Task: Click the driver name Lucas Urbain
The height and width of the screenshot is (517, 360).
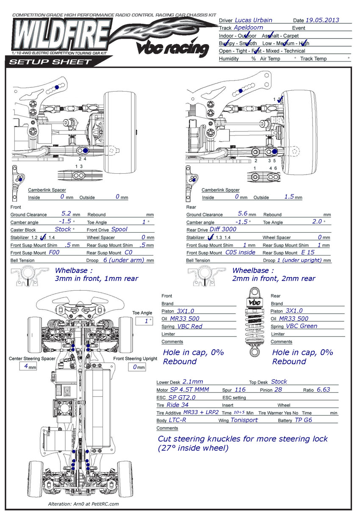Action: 253,20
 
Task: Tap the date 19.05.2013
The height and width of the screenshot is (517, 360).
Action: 322,20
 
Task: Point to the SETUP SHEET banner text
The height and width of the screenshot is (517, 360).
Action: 50,62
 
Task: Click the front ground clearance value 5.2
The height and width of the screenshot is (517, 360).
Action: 66,214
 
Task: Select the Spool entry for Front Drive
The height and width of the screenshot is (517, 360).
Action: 119,229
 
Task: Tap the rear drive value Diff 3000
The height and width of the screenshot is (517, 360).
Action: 223,229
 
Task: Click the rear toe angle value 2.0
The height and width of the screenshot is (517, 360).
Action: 317,222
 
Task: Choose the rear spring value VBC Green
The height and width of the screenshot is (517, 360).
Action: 301,326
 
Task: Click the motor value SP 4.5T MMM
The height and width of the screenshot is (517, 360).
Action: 189,389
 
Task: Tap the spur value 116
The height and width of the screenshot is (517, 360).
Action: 240,389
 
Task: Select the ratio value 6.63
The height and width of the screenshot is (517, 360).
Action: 323,389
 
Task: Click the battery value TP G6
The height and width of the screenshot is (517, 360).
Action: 303,420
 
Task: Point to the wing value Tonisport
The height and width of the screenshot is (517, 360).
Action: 244,420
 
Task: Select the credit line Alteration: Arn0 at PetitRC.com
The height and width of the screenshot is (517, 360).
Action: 84,504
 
